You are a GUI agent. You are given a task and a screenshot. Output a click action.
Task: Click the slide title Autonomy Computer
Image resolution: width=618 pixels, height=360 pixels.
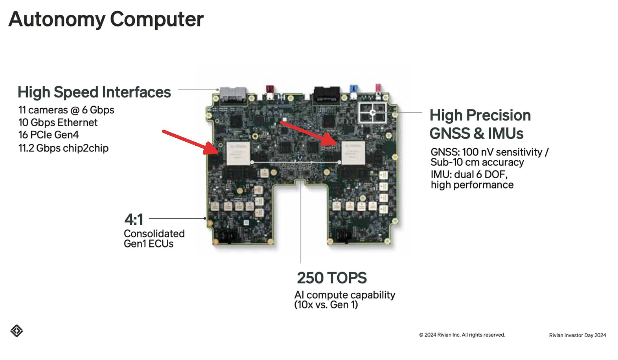point(106,19)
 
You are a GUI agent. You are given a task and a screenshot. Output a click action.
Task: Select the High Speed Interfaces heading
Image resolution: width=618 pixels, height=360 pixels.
point(94,92)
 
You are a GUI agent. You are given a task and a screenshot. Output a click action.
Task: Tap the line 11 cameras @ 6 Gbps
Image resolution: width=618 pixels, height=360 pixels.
point(66,110)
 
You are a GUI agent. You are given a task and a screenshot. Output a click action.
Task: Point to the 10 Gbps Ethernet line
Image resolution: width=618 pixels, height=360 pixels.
point(58,123)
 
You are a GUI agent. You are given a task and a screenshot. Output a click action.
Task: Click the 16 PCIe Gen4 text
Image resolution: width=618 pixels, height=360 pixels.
point(49,135)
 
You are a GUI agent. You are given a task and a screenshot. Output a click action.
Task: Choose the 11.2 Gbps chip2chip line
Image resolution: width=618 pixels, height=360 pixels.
point(63,148)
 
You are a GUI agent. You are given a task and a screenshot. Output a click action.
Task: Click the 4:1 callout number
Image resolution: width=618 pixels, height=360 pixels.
point(134,219)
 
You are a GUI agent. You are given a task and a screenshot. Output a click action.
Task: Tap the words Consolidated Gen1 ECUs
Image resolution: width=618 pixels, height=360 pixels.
point(154,238)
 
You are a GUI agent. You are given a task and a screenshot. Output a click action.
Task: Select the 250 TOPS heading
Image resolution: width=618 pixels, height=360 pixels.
point(332,278)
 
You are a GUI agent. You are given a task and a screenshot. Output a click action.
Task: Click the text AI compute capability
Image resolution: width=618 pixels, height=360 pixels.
point(344,295)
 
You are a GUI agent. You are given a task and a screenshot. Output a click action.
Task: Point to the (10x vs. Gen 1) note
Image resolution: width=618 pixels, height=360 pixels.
point(326,305)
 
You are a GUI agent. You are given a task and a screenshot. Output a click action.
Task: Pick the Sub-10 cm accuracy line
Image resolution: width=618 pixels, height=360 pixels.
point(477,162)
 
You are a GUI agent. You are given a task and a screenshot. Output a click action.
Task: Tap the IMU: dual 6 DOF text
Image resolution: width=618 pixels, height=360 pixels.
point(469,175)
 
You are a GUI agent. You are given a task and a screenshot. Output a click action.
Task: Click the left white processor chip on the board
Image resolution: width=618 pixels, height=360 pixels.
point(238,153)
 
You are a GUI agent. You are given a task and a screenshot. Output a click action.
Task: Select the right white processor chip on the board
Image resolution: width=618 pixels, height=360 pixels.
point(353,152)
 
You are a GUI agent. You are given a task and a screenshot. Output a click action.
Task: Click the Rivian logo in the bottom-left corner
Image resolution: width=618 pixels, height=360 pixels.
point(17,331)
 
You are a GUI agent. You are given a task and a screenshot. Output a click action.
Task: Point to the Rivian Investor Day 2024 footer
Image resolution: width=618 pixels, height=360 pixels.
point(578,335)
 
